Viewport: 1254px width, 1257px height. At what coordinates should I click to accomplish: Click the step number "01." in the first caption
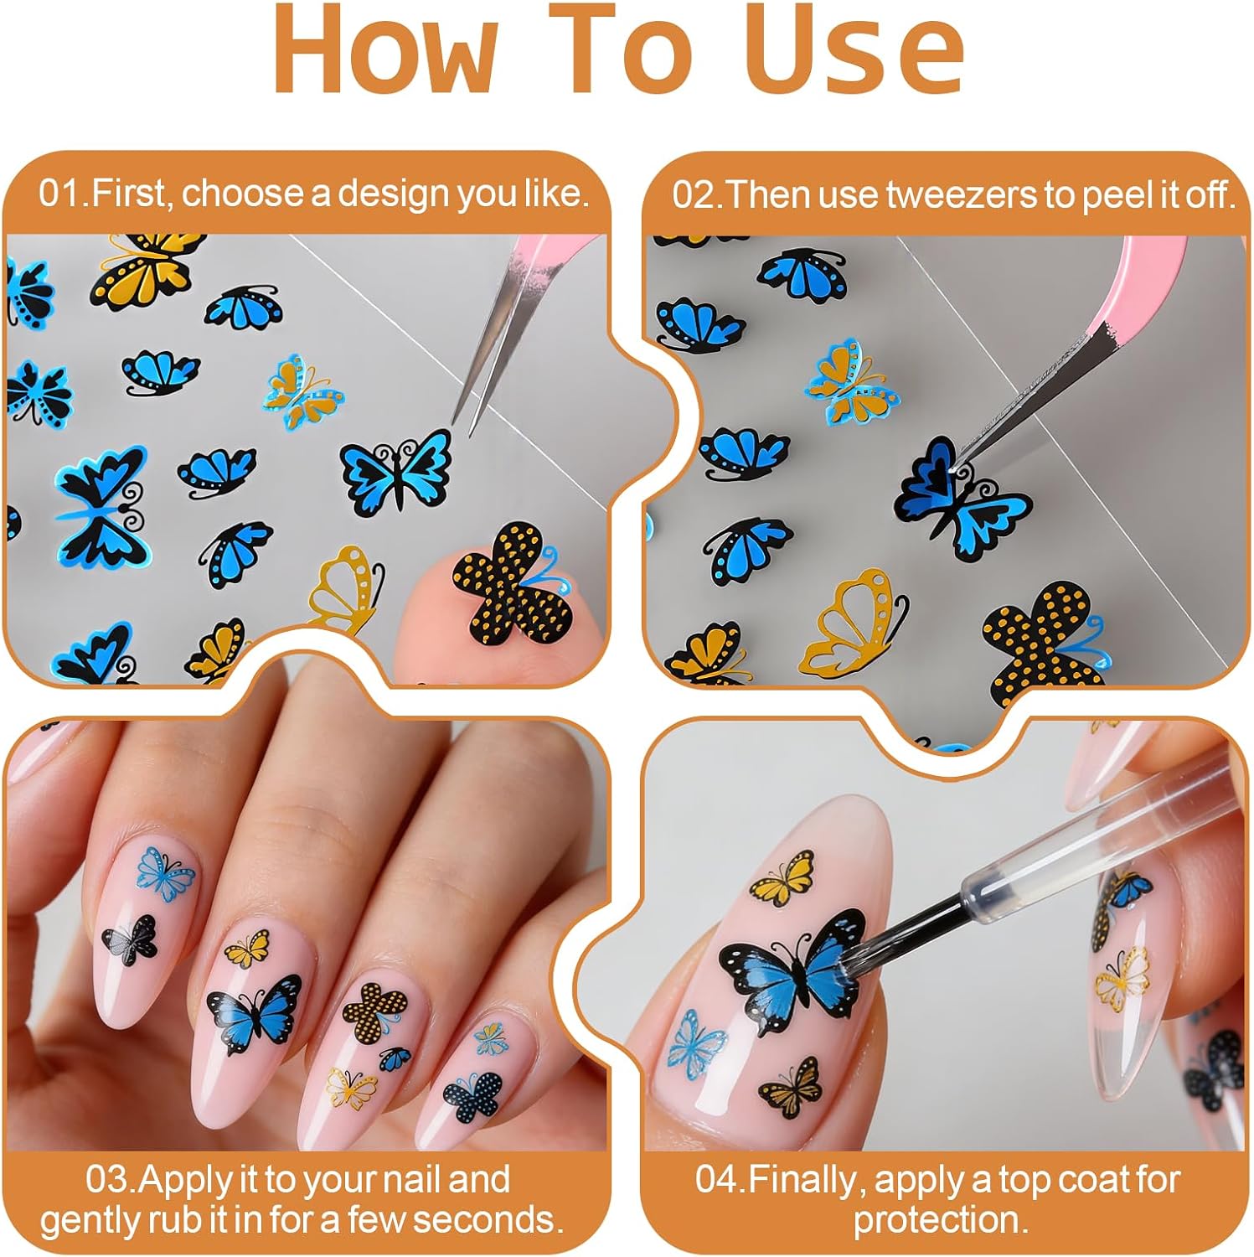pyautogui.click(x=65, y=194)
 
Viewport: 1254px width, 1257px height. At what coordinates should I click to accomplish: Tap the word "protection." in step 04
pyautogui.click(x=941, y=1219)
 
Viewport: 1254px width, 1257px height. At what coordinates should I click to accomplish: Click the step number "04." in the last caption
pyautogui.click(x=720, y=1180)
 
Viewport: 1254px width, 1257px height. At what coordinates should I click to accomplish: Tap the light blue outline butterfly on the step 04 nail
pyautogui.click(x=697, y=1042)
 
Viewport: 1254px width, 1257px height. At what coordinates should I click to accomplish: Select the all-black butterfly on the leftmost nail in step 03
pyautogui.click(x=131, y=938)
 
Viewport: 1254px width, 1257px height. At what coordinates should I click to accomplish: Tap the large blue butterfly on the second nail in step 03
pyautogui.click(x=254, y=1011)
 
